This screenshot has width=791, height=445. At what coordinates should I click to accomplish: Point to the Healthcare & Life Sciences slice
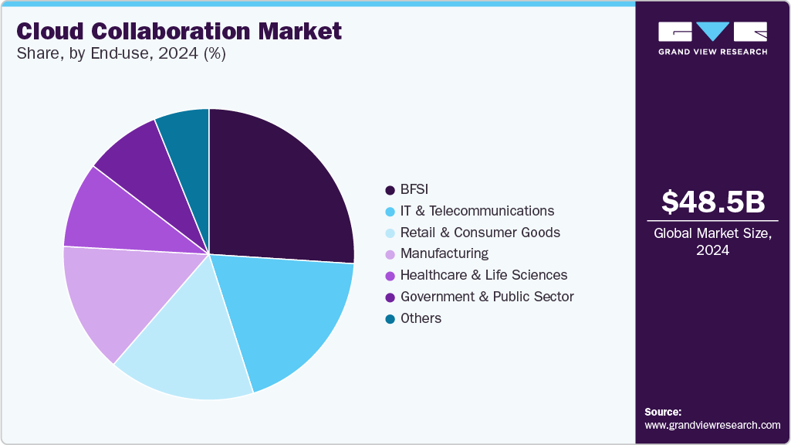click(x=116, y=216)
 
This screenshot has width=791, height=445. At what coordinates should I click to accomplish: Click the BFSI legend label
click(x=415, y=189)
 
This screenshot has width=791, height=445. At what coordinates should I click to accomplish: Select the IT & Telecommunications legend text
click(x=477, y=211)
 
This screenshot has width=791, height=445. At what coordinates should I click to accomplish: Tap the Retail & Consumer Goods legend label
click(x=480, y=233)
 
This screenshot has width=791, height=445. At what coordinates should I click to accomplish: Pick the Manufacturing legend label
click(x=444, y=253)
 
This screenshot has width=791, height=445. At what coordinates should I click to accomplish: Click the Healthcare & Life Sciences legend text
click(x=484, y=275)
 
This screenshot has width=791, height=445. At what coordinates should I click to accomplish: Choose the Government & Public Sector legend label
click(x=487, y=297)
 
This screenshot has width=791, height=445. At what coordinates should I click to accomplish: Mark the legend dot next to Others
click(x=390, y=318)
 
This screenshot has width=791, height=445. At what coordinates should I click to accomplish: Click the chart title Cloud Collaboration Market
click(x=178, y=31)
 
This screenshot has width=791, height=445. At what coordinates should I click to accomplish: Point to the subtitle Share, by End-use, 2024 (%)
click(x=120, y=54)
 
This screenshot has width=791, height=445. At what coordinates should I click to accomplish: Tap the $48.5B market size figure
click(x=713, y=202)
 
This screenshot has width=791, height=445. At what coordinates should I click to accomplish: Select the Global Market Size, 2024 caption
click(x=713, y=242)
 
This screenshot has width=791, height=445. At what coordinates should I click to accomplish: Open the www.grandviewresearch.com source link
click(x=712, y=425)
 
